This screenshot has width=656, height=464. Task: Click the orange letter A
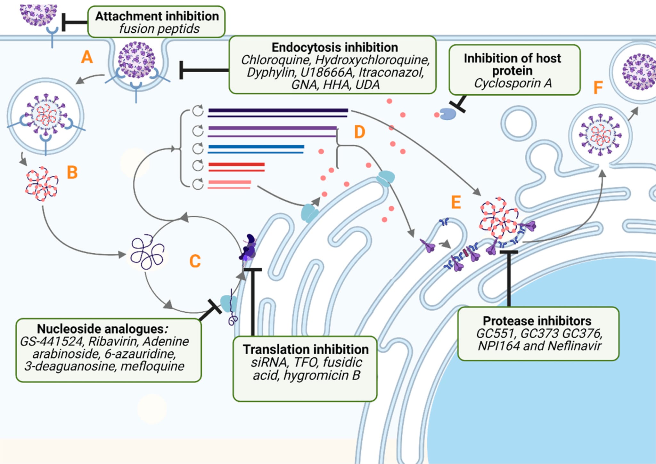[x=87, y=57]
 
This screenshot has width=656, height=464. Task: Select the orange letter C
[x=195, y=261]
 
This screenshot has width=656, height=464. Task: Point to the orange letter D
[x=359, y=132]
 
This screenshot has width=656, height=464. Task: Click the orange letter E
[x=456, y=202]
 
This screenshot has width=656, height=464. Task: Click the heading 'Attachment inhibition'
[x=157, y=16]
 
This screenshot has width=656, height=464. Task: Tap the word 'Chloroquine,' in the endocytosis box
[x=275, y=60]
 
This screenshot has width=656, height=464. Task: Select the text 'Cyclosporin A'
[x=513, y=83]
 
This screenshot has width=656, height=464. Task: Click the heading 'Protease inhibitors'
[x=537, y=321]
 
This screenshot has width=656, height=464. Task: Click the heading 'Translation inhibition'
[x=306, y=349]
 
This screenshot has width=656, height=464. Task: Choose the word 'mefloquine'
[x=152, y=366]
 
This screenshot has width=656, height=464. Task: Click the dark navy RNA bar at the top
[x=278, y=110]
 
